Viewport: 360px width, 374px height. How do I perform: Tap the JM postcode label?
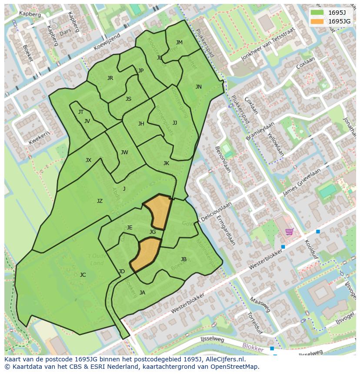pos(179,42)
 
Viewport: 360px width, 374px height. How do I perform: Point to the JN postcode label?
pos(199,87)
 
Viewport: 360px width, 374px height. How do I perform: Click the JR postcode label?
pos(110,78)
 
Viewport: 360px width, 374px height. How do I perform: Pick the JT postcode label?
pos(81,112)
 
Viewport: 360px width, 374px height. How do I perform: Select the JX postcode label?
pos(88,160)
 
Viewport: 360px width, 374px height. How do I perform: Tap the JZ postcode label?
pos(100,201)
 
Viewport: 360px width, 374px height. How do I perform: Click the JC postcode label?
pos(83,275)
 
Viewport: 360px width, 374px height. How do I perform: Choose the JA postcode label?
pos(142,293)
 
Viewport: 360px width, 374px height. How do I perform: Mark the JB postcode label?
pos(183,259)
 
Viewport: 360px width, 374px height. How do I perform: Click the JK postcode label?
pos(166,163)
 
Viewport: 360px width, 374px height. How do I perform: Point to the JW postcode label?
pos(124,152)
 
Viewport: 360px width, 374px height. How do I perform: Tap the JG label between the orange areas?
pos(153,232)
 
